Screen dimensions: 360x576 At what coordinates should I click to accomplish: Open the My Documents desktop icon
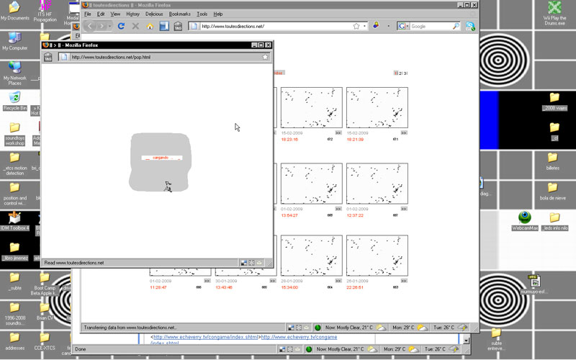(x=14, y=8)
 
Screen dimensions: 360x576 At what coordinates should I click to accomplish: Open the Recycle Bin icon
(x=14, y=98)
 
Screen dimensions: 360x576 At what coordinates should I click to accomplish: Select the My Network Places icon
(x=14, y=68)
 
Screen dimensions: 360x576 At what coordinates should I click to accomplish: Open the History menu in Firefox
(x=132, y=14)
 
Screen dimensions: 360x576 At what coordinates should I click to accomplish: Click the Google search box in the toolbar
(x=429, y=27)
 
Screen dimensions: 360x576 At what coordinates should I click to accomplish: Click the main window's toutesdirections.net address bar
(x=274, y=27)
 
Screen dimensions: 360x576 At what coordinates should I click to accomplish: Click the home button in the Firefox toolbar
(x=150, y=27)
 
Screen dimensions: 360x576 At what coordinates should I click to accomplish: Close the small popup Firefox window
(x=266, y=45)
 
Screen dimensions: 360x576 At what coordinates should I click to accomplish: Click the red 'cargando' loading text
(x=161, y=157)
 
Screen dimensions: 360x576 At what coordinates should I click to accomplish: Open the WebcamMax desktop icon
(x=525, y=218)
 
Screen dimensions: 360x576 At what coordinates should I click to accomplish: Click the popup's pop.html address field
(x=158, y=57)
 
